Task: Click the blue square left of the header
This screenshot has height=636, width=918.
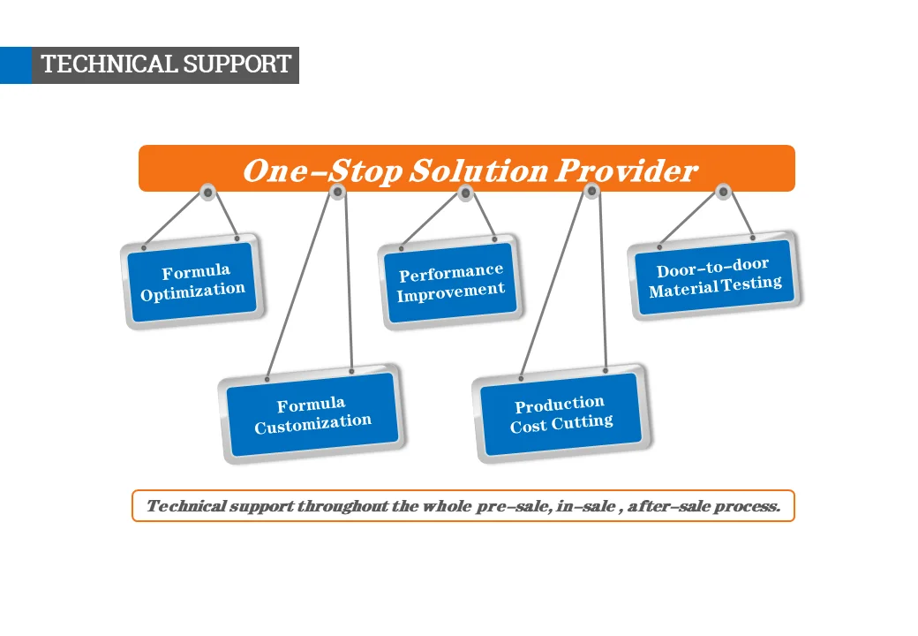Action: [x=16, y=65]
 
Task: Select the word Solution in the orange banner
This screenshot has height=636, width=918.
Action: [x=477, y=170]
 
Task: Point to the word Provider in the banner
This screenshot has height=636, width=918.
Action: [x=626, y=170]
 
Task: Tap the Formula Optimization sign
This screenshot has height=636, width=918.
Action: [x=192, y=281]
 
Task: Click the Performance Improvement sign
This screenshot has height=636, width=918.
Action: [x=450, y=282]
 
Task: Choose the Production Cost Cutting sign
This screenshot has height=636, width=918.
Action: [x=561, y=413]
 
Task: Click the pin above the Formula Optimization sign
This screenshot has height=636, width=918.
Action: [x=207, y=192]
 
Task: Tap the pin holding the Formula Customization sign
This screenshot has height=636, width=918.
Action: [x=336, y=192]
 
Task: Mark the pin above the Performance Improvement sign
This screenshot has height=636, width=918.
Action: [x=466, y=193]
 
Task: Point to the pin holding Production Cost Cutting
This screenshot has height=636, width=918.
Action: [x=592, y=191]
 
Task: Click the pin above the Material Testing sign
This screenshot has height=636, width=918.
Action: [x=723, y=191]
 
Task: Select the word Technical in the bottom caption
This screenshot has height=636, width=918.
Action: [x=184, y=506]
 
